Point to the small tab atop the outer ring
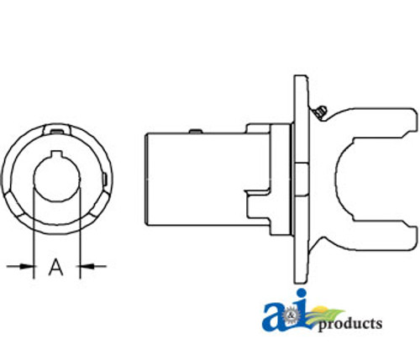(56, 128)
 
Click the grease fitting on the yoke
(316, 109)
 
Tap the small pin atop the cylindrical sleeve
(194, 129)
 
